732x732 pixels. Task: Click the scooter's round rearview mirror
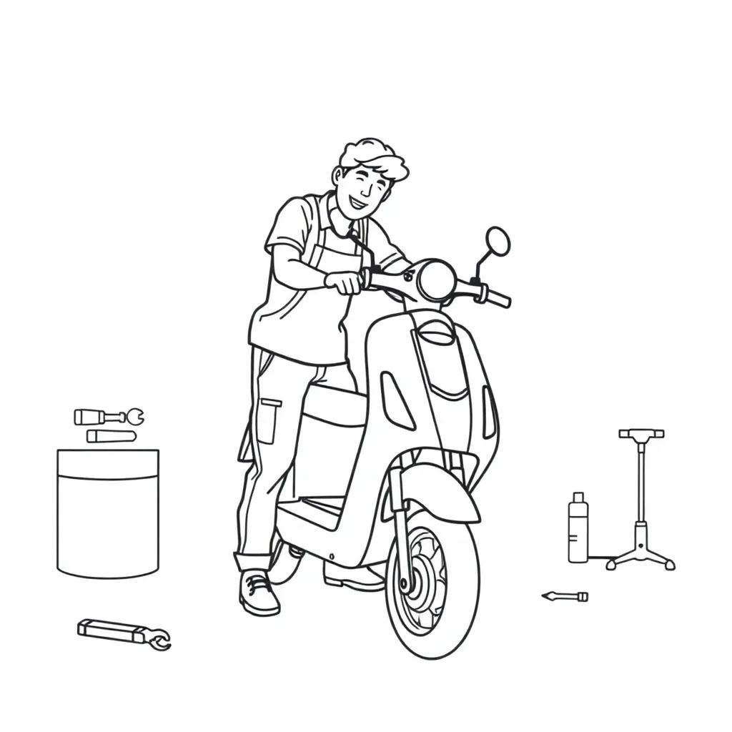click(x=498, y=242)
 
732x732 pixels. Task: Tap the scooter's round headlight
click(x=437, y=280)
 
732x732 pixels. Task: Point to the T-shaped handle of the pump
click(x=641, y=433)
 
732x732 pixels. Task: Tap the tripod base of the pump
click(x=641, y=554)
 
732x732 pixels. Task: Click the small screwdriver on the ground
click(x=565, y=596)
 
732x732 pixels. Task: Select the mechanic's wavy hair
click(x=373, y=157)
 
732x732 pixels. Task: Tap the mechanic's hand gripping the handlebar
click(x=345, y=282)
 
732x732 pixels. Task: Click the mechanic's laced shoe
click(x=258, y=593)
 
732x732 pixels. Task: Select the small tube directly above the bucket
click(x=111, y=435)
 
